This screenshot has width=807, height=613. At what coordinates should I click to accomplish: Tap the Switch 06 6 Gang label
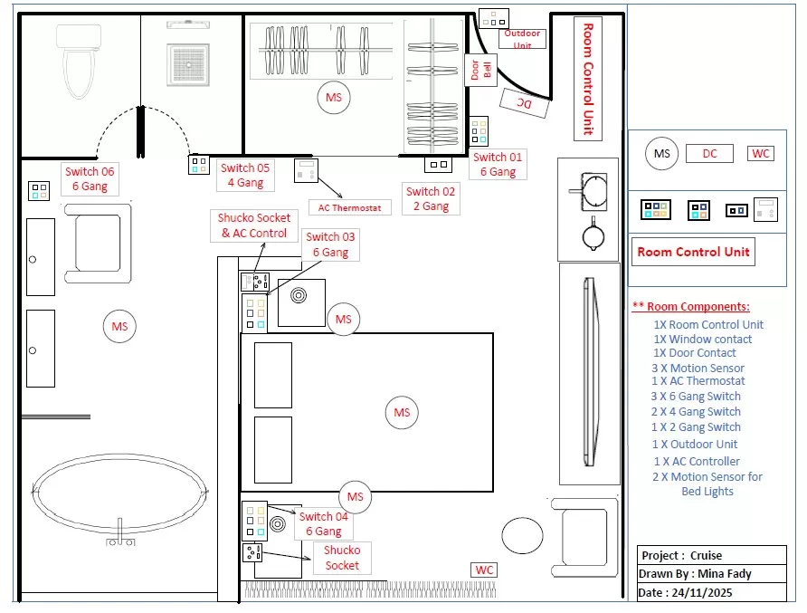click(89, 178)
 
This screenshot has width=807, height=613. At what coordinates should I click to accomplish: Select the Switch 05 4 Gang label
click(244, 175)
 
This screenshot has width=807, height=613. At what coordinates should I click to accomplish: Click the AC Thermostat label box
click(349, 207)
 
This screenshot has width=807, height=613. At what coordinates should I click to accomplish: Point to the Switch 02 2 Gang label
click(431, 198)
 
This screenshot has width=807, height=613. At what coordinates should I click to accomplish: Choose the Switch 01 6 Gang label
click(497, 164)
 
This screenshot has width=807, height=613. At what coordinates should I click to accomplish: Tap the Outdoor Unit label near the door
click(522, 39)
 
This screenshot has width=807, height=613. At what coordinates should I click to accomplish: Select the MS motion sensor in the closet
click(334, 96)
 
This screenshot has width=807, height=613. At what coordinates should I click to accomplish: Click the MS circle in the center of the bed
click(402, 413)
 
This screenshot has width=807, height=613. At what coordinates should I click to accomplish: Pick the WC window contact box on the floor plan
click(484, 570)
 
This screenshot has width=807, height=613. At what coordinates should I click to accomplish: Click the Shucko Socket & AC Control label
click(254, 225)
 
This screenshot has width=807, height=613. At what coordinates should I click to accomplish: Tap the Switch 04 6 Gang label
click(323, 524)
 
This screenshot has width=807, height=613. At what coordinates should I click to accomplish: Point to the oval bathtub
click(120, 494)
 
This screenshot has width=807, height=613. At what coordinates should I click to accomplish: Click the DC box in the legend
click(709, 154)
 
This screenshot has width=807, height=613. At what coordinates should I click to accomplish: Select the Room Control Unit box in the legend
click(693, 252)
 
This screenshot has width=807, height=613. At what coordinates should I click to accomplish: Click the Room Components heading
click(690, 307)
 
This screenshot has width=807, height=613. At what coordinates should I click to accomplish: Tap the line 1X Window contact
click(703, 340)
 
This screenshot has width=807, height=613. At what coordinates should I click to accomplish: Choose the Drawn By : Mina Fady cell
click(695, 573)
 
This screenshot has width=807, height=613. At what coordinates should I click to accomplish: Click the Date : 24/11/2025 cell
click(688, 592)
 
